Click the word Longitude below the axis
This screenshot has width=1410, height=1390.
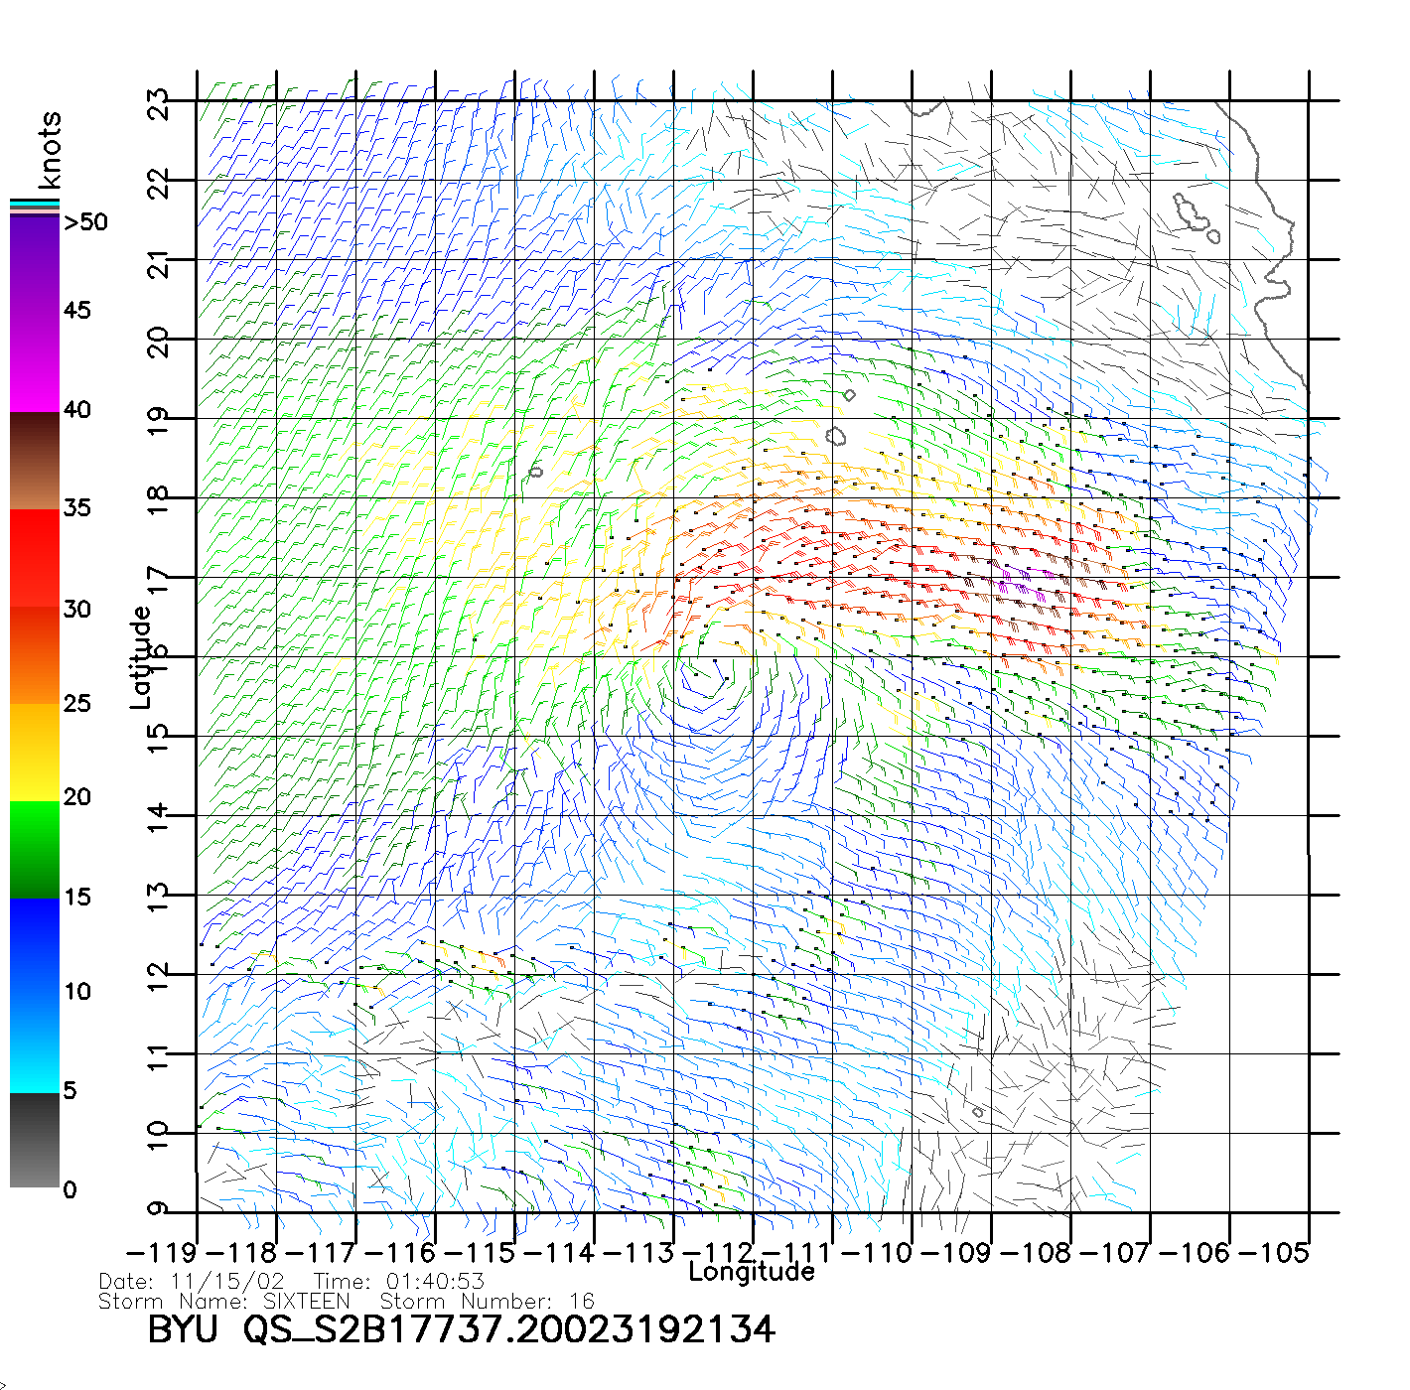pyautogui.click(x=752, y=1272)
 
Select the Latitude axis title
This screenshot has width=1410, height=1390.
pyautogui.click(x=141, y=656)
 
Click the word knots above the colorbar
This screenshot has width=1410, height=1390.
pyautogui.click(x=50, y=150)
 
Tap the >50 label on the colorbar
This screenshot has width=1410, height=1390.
pyautogui.click(x=85, y=222)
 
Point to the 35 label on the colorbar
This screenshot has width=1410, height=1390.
pyautogui.click(x=77, y=508)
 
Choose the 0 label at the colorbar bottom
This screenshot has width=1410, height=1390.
pyautogui.click(x=70, y=1189)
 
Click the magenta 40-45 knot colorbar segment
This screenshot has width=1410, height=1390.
pyautogui.click(x=35, y=362)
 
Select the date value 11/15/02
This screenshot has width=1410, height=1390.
pyautogui.click(x=227, y=1282)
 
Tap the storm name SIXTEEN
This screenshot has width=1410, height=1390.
pyautogui.click(x=306, y=1301)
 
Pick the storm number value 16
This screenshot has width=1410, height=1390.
pyautogui.click(x=582, y=1301)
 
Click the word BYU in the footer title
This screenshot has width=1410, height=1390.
pyautogui.click(x=182, y=1329)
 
